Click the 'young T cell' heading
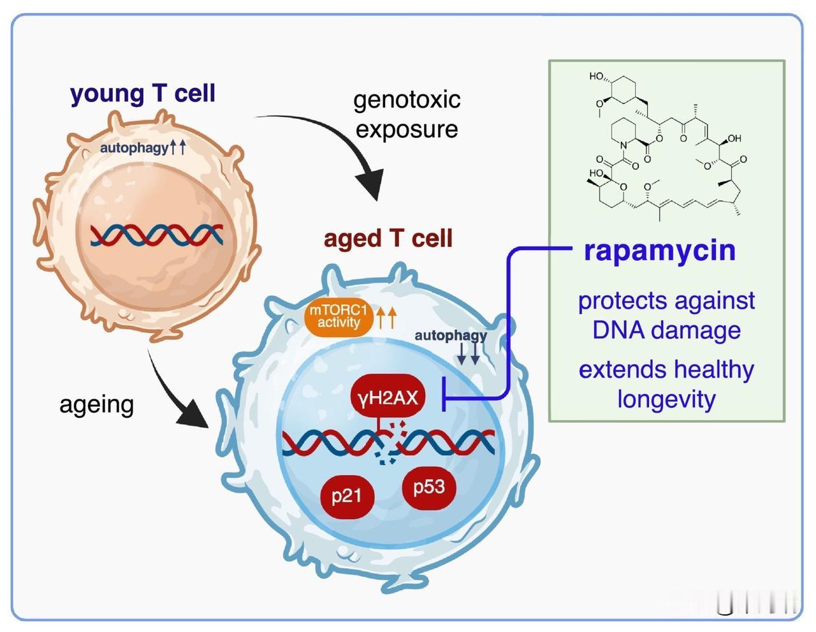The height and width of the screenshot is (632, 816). pyautogui.click(x=143, y=93)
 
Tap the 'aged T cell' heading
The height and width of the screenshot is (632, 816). pyautogui.click(x=388, y=239)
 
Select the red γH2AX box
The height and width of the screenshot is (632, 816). pyautogui.click(x=388, y=398)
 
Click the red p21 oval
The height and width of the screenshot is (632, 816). pyautogui.click(x=346, y=495)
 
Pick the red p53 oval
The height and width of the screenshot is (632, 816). pyautogui.click(x=428, y=487)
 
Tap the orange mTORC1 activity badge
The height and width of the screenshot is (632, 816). pyautogui.click(x=339, y=317)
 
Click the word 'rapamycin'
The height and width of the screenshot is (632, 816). pyautogui.click(x=659, y=251)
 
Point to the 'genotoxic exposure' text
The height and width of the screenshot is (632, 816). pyautogui.click(x=407, y=114)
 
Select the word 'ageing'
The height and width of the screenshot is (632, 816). pyautogui.click(x=96, y=404)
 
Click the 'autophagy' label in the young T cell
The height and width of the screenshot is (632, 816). pyautogui.click(x=135, y=148)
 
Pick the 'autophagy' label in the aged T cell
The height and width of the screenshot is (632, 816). pyautogui.click(x=450, y=335)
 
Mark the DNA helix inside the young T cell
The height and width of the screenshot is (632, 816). pyautogui.click(x=156, y=235)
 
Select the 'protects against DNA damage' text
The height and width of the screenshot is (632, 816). pyautogui.click(x=666, y=315)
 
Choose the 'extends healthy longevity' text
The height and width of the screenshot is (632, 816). pyautogui.click(x=666, y=384)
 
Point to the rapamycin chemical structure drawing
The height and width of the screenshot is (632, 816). pyautogui.click(x=666, y=147)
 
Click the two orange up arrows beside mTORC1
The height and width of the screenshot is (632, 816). pyautogui.click(x=386, y=317)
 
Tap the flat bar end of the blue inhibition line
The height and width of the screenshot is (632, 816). pyautogui.click(x=444, y=399)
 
